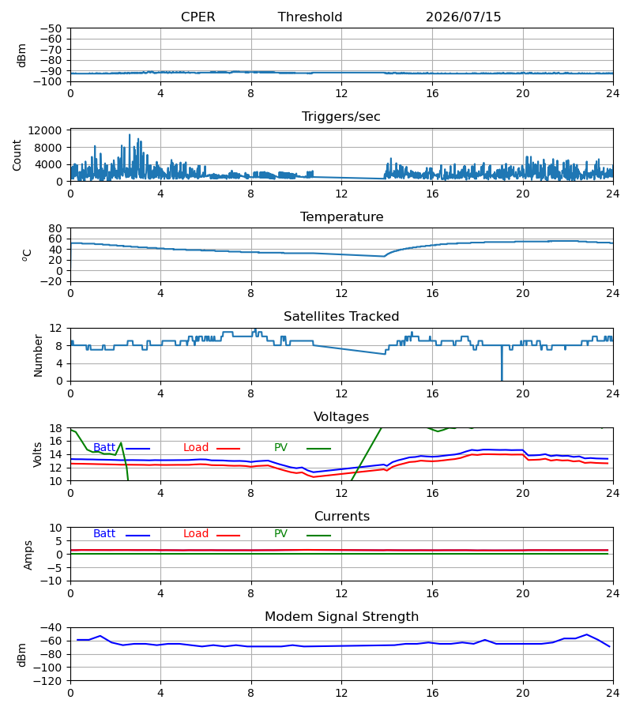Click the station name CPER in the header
(x=197, y=17)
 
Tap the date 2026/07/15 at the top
(x=463, y=17)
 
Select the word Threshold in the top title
(x=310, y=17)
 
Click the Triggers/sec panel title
(x=341, y=117)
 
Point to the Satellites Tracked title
(x=341, y=316)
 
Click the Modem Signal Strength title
(x=341, y=617)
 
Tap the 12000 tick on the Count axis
(x=44, y=130)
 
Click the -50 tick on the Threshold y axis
(x=51, y=28)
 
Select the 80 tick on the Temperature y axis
(x=55, y=228)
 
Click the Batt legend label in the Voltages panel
(x=104, y=447)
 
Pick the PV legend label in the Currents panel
(x=280, y=533)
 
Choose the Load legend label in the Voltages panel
(x=196, y=447)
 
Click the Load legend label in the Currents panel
(x=196, y=533)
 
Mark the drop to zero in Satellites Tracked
(x=502, y=380)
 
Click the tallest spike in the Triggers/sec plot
(x=130, y=134)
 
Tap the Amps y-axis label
(x=28, y=555)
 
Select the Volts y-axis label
(x=38, y=454)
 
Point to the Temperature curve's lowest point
(x=384, y=256)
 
